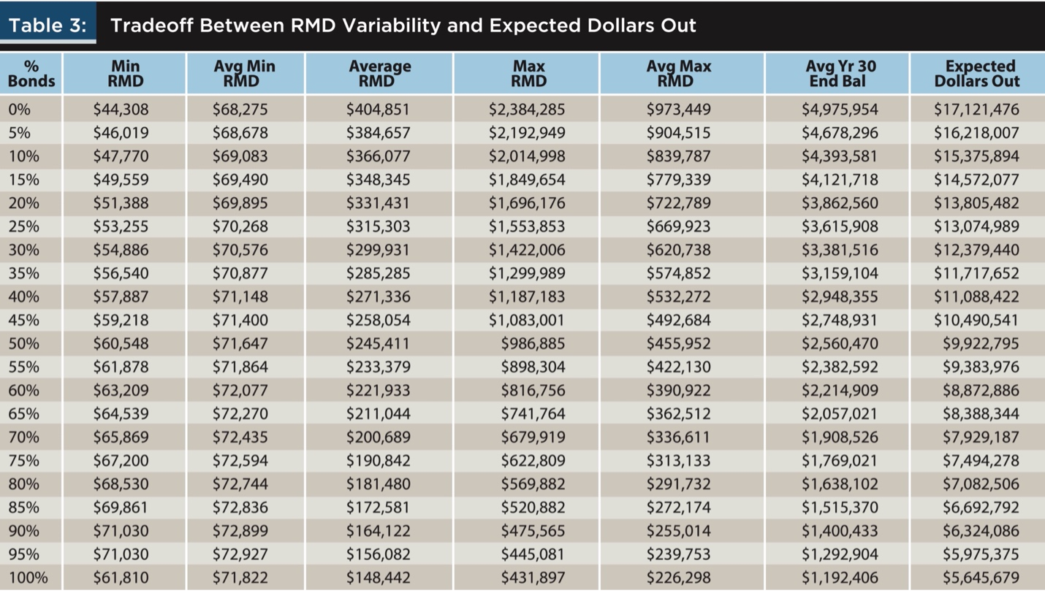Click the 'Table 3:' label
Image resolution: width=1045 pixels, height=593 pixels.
pos(48,26)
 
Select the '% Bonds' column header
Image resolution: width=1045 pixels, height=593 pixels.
pos(31,74)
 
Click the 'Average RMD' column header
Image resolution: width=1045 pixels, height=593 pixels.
pos(379,74)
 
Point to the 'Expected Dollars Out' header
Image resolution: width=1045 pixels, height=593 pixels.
pos(977,74)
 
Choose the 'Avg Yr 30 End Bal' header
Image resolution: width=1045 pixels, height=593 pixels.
pos(837,74)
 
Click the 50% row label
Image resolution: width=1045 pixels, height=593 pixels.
pos(24,343)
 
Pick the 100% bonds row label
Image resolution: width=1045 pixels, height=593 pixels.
pos(28,578)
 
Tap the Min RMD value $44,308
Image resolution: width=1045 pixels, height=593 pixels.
pos(121,110)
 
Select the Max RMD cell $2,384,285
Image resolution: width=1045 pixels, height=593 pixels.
pos(527,110)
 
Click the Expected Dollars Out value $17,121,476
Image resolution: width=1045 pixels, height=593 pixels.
pos(976,110)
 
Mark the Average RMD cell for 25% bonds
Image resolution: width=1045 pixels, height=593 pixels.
pos(378,226)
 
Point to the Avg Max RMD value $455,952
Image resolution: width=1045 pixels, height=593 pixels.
pos(678,343)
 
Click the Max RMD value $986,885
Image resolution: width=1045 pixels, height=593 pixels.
pos(533,343)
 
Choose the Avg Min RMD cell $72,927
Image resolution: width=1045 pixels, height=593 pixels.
pos(240,554)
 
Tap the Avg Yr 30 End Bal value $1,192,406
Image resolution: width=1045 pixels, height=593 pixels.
pos(840,578)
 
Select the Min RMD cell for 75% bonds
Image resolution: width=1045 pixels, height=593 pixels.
pos(121,461)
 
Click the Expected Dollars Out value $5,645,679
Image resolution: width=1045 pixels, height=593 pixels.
pos(981,578)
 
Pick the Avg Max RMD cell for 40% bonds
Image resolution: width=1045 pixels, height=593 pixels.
pos(678,296)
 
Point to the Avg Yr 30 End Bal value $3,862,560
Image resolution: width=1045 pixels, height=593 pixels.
pos(840,203)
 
